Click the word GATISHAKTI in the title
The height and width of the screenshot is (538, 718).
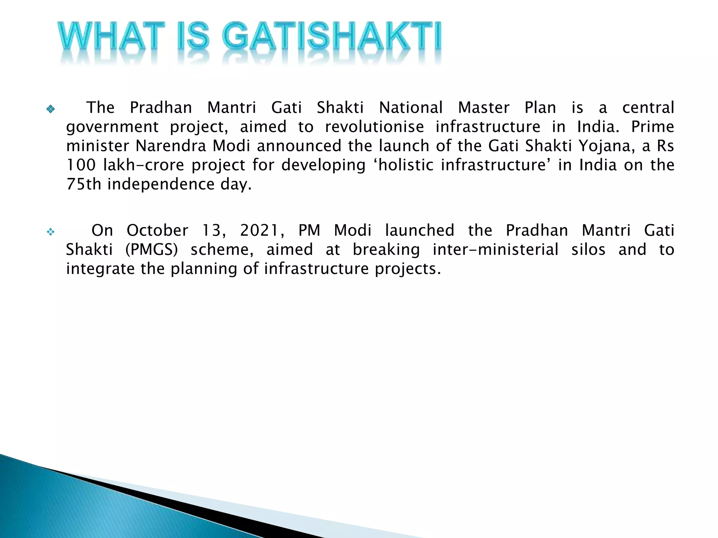332,36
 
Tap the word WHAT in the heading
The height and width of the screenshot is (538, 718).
111,36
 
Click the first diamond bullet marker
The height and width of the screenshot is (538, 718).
50,109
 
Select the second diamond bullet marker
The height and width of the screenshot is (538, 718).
50,232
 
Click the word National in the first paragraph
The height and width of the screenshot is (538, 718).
411,108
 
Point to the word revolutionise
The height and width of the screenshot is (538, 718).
374,127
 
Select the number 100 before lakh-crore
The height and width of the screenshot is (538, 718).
81,165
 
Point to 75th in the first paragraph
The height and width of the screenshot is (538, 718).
84,184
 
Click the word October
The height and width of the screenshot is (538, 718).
157,230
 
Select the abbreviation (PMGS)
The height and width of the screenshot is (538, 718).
151,250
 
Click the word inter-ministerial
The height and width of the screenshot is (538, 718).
495,250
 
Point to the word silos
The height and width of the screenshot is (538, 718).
588,250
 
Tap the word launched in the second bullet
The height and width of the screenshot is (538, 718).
419,230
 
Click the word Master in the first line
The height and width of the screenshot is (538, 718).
483,108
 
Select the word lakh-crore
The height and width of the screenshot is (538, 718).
144,165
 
